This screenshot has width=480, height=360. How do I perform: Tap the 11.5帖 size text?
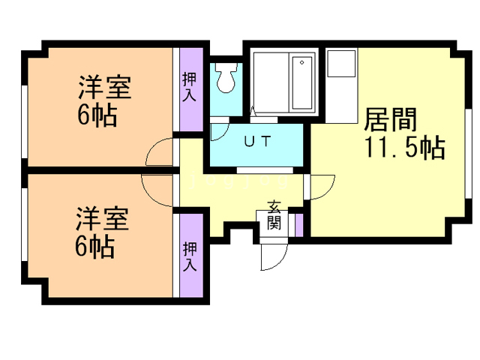pyautogui.click(x=405, y=148)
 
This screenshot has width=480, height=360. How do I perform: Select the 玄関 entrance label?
pyautogui.click(x=274, y=215)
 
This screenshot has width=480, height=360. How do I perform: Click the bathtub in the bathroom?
pyautogui.click(x=302, y=82)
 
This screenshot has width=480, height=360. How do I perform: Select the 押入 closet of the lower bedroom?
pyautogui.click(x=190, y=256)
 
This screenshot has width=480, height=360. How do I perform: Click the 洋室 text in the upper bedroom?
pyautogui.click(x=104, y=88)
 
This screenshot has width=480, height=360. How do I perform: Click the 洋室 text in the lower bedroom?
pyautogui.click(x=103, y=221)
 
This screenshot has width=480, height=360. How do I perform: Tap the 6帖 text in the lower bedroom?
pyautogui.click(x=94, y=247)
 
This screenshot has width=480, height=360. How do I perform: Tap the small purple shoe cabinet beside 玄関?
pyautogui.click(x=298, y=224)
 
